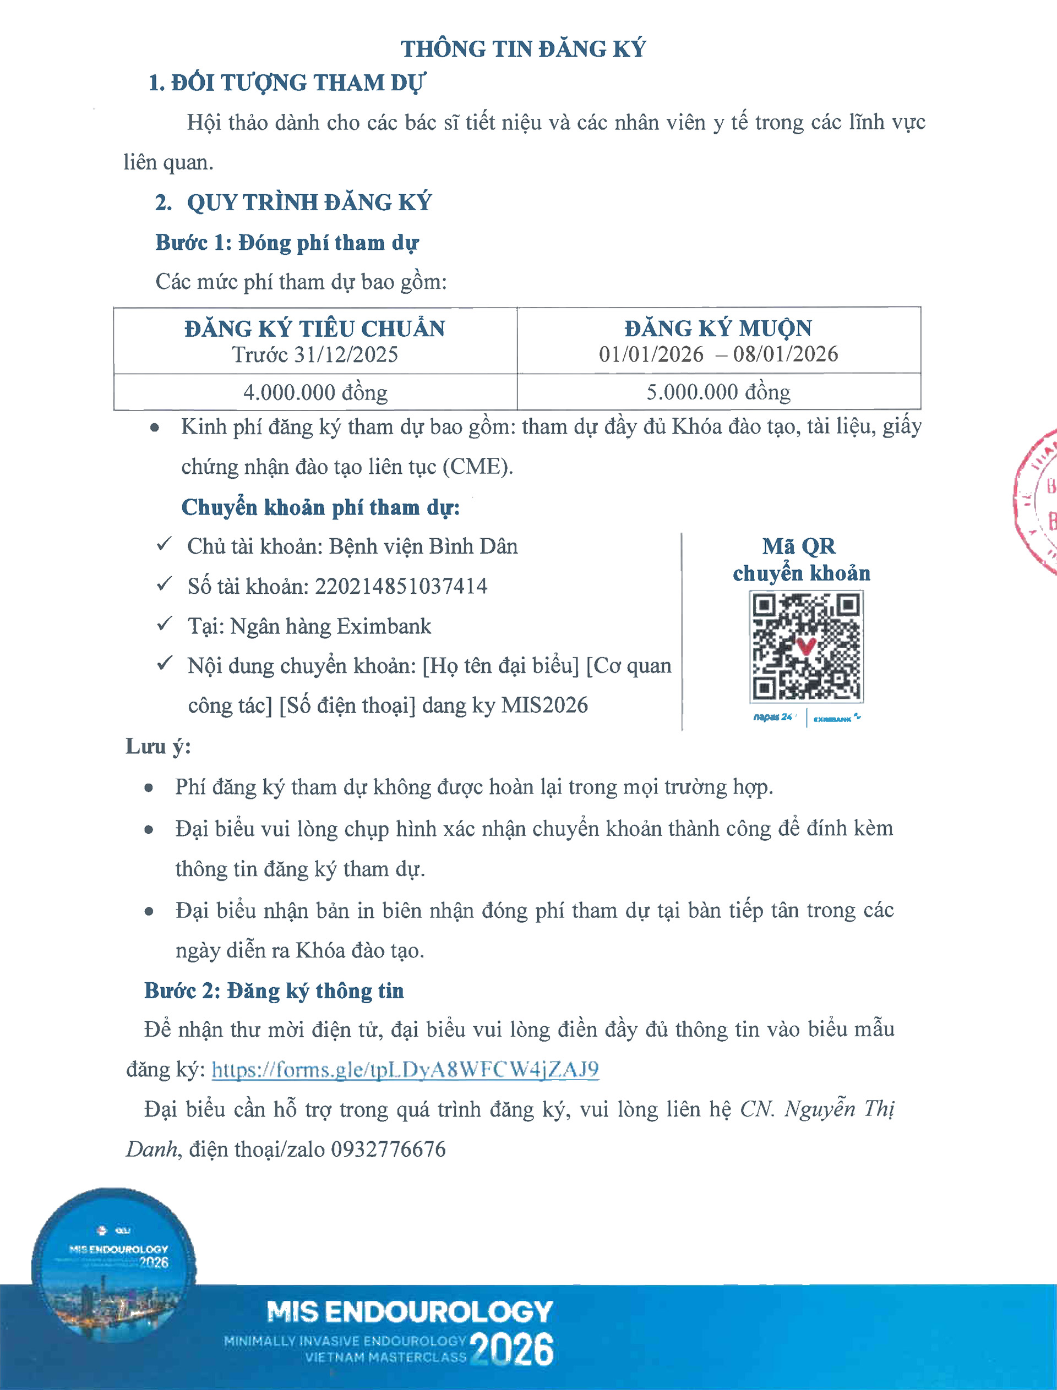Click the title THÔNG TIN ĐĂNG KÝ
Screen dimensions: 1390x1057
pyautogui.click(x=523, y=49)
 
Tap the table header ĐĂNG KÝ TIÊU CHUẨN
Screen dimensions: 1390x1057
pyautogui.click(x=314, y=329)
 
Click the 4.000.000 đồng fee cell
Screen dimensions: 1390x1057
pyautogui.click(x=315, y=392)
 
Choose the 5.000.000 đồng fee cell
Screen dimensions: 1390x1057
pyautogui.click(x=718, y=392)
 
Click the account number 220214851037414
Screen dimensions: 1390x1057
pyautogui.click(x=401, y=586)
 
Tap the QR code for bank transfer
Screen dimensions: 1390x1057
pyautogui.click(x=806, y=647)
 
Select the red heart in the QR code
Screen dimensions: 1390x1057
pyautogui.click(x=806, y=645)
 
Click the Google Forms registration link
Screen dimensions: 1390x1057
pyautogui.click(x=405, y=1069)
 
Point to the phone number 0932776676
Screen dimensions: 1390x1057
pyautogui.click(x=388, y=1150)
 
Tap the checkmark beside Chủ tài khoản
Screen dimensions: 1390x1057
pyautogui.click(x=164, y=545)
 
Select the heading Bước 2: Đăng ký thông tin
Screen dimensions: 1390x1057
pyautogui.click(x=274, y=990)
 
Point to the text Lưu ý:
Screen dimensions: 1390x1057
pyautogui.click(x=158, y=747)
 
